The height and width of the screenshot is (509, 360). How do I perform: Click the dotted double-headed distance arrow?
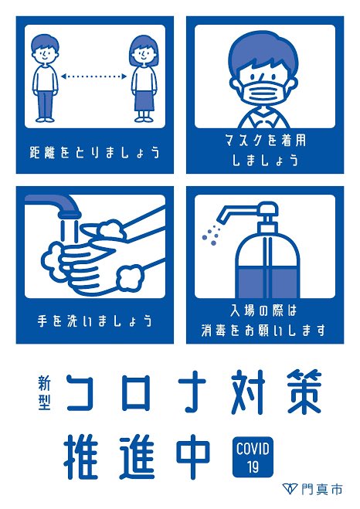tap(93, 76)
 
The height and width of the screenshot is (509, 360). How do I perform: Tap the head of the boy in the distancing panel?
tap(45, 50)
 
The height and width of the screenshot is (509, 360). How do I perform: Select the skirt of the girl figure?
tap(144, 101)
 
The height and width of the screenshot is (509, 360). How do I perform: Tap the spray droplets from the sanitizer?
tap(210, 234)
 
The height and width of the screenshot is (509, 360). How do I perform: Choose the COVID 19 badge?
tap(253, 457)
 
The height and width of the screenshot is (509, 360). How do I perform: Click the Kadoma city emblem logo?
tap(290, 488)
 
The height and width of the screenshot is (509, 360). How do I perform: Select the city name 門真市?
tap(321, 489)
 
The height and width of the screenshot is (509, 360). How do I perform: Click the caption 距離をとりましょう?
tap(94, 152)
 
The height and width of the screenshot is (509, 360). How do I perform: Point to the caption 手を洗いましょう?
tap(95, 321)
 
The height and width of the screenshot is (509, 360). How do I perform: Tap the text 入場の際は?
tap(264, 310)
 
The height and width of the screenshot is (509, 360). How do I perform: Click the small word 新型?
tap(45, 392)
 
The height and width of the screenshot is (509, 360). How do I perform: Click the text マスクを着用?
tap(265, 141)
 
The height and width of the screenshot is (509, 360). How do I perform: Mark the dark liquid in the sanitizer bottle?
tap(267, 282)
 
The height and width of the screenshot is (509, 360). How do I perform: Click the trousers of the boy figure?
tap(45, 104)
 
